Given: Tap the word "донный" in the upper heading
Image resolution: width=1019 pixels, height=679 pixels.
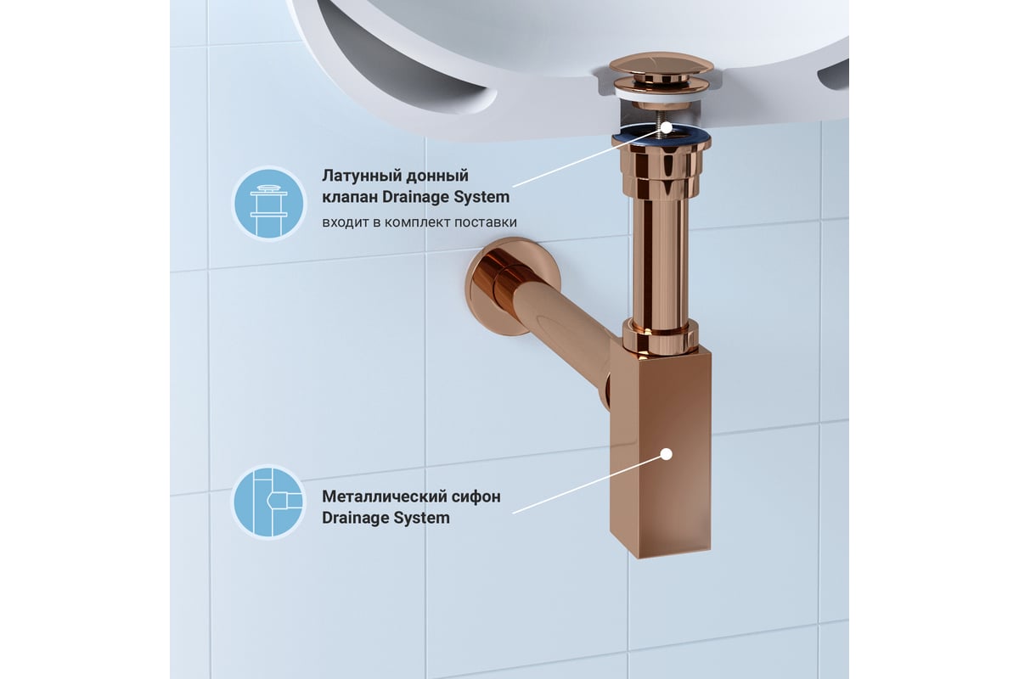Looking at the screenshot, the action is (x=441, y=176).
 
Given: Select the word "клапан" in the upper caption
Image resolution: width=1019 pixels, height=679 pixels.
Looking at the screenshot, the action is (x=350, y=198).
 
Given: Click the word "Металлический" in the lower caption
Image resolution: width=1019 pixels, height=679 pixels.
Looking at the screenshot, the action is (x=385, y=497).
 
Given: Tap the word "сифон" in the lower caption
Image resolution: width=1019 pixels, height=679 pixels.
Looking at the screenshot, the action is (x=476, y=497).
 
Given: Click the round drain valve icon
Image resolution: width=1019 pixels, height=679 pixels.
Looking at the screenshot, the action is (x=269, y=204).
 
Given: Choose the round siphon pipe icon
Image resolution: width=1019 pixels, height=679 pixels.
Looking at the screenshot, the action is (x=269, y=502).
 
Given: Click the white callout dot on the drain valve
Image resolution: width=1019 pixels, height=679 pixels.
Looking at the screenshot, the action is (x=666, y=128).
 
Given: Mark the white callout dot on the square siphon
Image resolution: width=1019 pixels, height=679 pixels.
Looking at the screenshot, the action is (x=667, y=454).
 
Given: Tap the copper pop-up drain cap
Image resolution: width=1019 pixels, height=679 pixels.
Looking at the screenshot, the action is (x=662, y=64).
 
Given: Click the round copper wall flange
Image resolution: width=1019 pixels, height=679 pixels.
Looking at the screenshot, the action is (x=493, y=287).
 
